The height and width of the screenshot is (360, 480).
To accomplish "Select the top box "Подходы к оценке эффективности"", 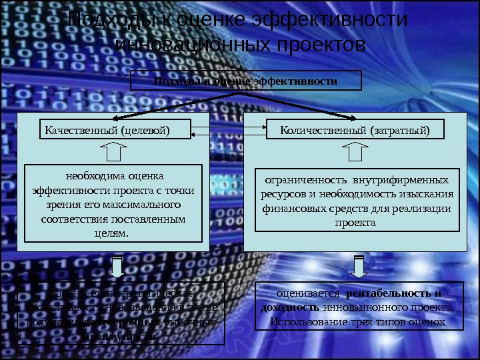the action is point(245,81).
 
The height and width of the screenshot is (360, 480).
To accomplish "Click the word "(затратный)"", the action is point(400,129).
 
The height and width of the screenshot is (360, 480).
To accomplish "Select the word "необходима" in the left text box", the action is point(89,177).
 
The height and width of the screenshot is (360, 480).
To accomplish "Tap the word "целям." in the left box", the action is point(113,233).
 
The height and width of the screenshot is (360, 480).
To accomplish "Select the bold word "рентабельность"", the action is point(390,294).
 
